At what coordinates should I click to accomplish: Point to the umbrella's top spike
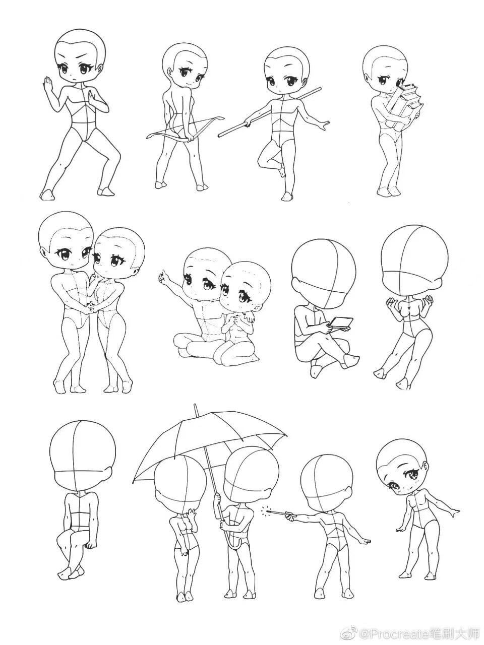[195, 410]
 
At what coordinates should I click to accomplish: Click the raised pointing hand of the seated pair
[162, 277]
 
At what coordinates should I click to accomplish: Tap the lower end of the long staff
[220, 136]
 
